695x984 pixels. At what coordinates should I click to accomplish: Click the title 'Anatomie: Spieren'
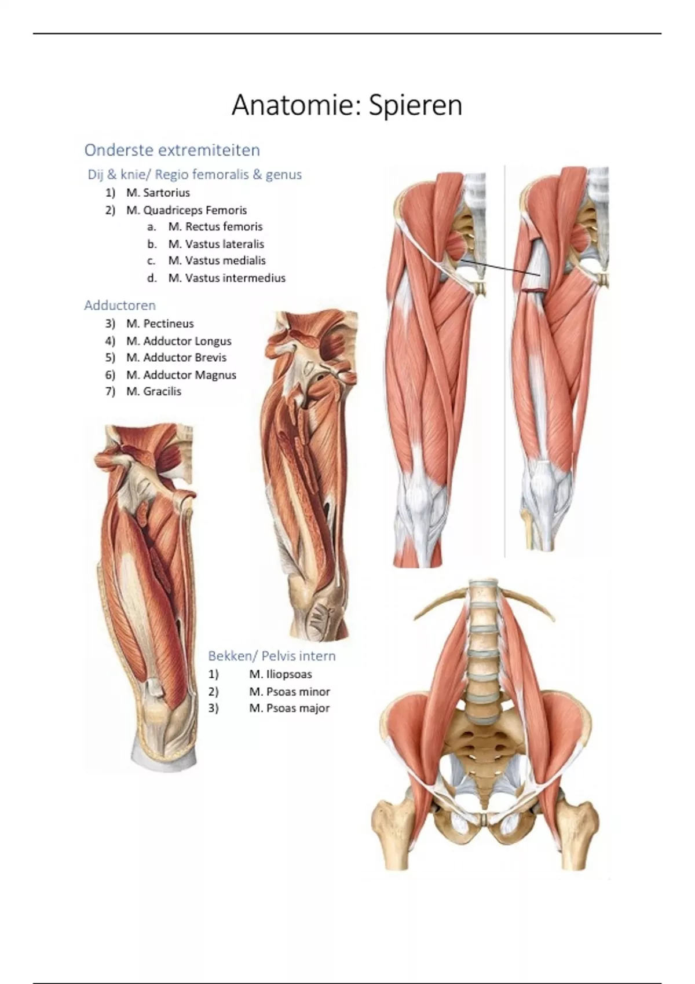click(x=347, y=105)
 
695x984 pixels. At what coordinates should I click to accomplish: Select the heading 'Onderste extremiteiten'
click(x=172, y=150)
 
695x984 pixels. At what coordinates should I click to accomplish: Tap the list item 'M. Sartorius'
click(x=158, y=192)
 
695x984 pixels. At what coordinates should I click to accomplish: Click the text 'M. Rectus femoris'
click(x=215, y=227)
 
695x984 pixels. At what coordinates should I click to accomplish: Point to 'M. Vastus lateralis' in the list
click(x=216, y=244)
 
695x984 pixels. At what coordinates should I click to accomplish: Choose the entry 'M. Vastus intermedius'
click(x=227, y=278)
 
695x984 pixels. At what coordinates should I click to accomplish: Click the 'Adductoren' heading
click(x=119, y=305)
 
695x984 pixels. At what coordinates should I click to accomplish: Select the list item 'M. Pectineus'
click(x=160, y=324)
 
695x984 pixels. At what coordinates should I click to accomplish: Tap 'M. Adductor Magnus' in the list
click(x=181, y=374)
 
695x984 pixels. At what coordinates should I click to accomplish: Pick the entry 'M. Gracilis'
click(x=153, y=391)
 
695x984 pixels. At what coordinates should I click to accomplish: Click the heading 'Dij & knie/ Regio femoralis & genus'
click(x=195, y=174)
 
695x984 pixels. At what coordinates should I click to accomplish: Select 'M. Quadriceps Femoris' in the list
click(x=186, y=210)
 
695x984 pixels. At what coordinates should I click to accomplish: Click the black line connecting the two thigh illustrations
click(x=500, y=267)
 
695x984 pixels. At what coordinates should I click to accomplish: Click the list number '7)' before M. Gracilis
click(x=110, y=391)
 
